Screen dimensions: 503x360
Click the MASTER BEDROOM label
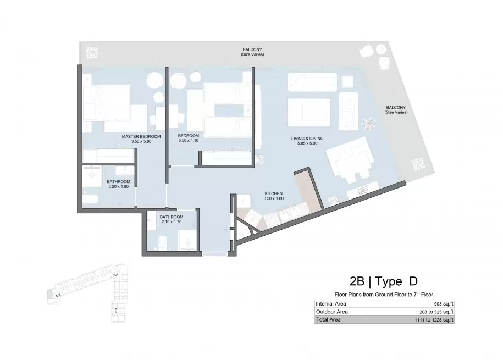click(x=141, y=136)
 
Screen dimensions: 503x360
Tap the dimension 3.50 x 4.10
click(x=189, y=140)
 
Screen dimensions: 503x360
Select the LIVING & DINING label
click(x=307, y=139)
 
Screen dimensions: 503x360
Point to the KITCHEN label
click(x=274, y=193)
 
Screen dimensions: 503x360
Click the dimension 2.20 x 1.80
click(x=118, y=186)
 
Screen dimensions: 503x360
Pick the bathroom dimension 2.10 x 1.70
click(x=172, y=221)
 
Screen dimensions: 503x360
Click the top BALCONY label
click(x=252, y=49)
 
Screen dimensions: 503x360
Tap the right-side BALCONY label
click(x=396, y=107)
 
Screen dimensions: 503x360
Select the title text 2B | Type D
click(x=384, y=281)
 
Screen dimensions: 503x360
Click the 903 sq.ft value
click(x=444, y=304)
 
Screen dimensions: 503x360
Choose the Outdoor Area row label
click(x=331, y=312)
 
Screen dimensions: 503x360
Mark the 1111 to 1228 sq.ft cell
click(x=434, y=320)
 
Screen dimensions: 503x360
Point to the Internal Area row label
click(x=331, y=304)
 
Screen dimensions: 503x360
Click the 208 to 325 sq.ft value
click(x=436, y=312)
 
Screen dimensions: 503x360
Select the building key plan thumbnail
click(x=87, y=292)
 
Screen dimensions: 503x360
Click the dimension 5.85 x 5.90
click(x=307, y=143)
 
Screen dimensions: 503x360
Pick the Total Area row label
click(x=328, y=319)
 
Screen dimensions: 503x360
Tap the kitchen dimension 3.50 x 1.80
click(x=274, y=198)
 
